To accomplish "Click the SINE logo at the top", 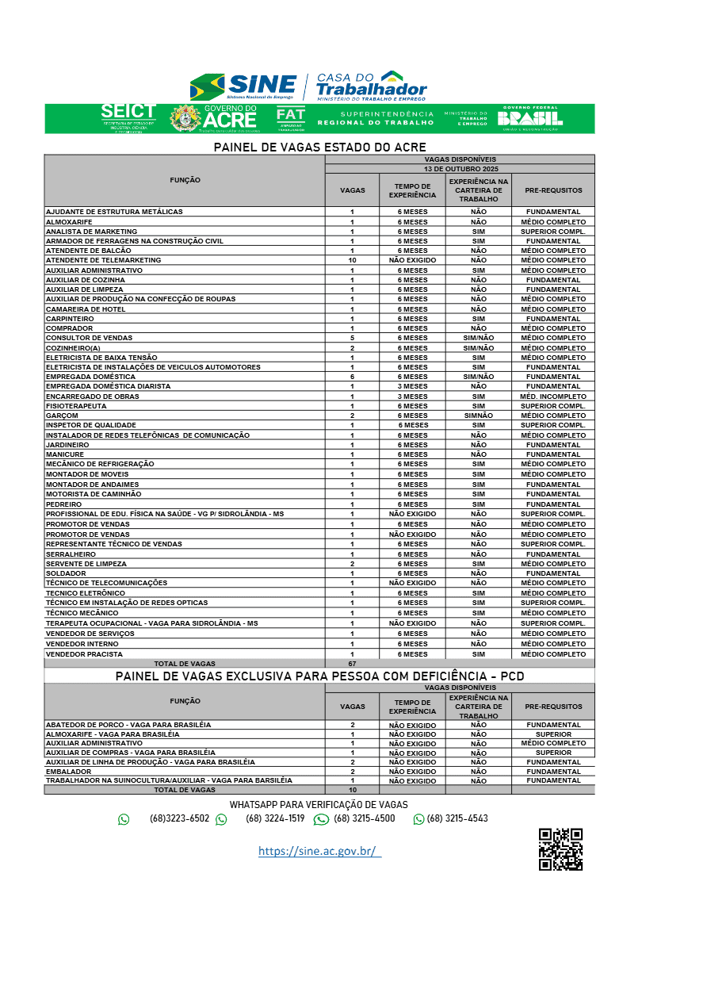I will click(x=243, y=86).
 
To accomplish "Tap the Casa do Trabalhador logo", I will click(x=371, y=86).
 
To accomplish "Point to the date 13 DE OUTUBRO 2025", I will click(x=460, y=169).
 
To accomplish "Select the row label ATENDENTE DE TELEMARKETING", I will click(x=103, y=260).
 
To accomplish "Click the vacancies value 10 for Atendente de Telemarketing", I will click(x=352, y=260).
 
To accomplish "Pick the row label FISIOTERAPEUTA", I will click(x=76, y=406).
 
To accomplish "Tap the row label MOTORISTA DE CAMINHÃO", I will click(x=94, y=494).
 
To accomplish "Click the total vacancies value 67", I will click(x=352, y=663).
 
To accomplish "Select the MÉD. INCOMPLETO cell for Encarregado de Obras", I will click(x=552, y=397).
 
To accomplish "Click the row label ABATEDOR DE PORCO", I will click(x=128, y=725).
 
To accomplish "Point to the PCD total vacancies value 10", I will click(x=352, y=790).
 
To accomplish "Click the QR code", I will click(x=560, y=849).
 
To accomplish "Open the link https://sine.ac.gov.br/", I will click(x=319, y=851).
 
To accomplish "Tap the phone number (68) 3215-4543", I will click(x=457, y=818).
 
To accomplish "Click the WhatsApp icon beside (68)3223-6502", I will click(x=124, y=819).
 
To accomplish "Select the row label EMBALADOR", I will click(x=68, y=772).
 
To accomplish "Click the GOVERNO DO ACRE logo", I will click(x=214, y=118).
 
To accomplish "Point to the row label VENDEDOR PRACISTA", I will click(x=84, y=654).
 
